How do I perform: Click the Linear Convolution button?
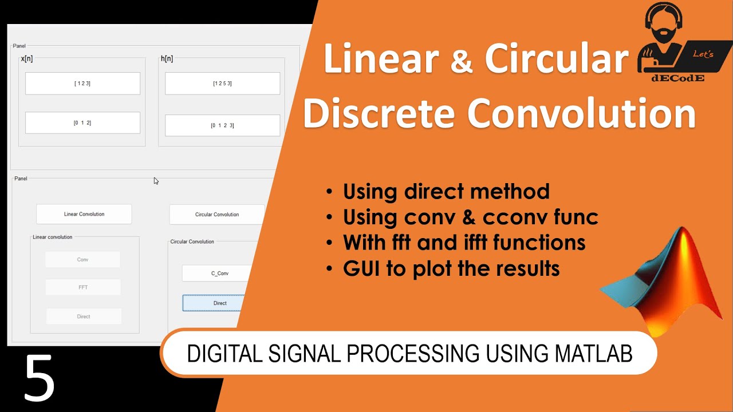[84, 214]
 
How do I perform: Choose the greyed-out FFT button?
[83, 287]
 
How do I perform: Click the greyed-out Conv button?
[83, 260]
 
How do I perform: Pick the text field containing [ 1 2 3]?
[82, 84]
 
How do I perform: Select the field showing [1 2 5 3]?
[222, 84]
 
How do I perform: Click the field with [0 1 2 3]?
[222, 125]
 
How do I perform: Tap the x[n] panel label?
[26, 59]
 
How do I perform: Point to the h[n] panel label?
[167, 59]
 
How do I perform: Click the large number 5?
[39, 379]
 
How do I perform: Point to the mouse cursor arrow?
[156, 181]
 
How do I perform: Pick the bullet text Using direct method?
[446, 191]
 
